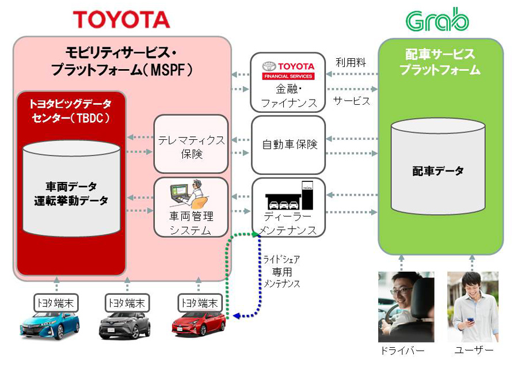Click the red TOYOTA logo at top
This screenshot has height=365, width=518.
pyautogui.click(x=121, y=19)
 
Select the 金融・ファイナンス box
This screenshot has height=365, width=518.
pyautogui.click(x=288, y=82)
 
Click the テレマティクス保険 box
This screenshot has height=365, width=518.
pyautogui.click(x=191, y=144)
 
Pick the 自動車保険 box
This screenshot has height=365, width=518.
pyautogui.click(x=288, y=144)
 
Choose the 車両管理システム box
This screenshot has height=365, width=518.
pyautogui.click(x=191, y=207)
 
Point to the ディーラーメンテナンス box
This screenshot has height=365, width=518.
pyautogui.click(x=288, y=207)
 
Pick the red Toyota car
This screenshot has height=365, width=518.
pyautogui.click(x=198, y=324)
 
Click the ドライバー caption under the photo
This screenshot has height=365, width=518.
pyautogui.click(x=402, y=351)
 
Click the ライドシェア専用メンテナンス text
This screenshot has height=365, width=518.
pyautogui.click(x=282, y=271)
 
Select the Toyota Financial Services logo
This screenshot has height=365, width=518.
pyautogui.click(x=288, y=70)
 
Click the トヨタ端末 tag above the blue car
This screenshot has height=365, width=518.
pyautogui.click(x=56, y=302)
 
